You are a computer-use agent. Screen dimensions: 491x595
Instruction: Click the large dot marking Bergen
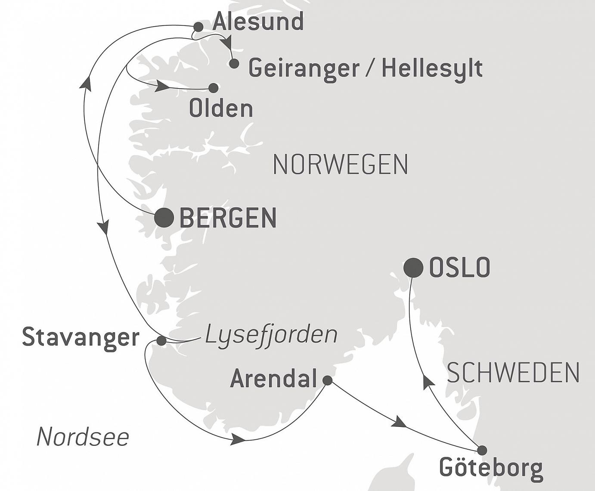[x=164, y=217]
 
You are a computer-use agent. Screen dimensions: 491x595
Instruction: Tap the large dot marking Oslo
[x=413, y=268]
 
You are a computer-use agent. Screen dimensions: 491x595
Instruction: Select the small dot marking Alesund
[x=198, y=27]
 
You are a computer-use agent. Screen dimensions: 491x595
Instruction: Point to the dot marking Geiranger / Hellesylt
[x=234, y=64]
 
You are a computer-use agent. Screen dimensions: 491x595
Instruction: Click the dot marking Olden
[x=213, y=88]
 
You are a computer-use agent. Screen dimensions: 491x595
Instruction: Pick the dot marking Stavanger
[x=161, y=341]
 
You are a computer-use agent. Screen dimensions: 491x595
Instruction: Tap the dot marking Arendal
[x=327, y=380]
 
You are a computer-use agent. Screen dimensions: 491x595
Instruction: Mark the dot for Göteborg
[x=482, y=450]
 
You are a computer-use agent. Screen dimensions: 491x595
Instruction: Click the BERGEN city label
[x=228, y=218]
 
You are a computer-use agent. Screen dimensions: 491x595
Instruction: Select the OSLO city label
[x=459, y=267]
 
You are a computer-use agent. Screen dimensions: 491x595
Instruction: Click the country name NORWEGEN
[x=340, y=164]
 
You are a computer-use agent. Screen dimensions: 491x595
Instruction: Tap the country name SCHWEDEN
[x=513, y=373]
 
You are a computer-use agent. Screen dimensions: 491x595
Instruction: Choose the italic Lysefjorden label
[x=271, y=334]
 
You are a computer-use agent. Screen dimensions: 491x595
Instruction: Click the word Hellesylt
[x=432, y=68]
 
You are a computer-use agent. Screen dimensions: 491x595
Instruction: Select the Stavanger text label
[x=81, y=337]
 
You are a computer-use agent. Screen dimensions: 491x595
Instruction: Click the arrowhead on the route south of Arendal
[x=238, y=439]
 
